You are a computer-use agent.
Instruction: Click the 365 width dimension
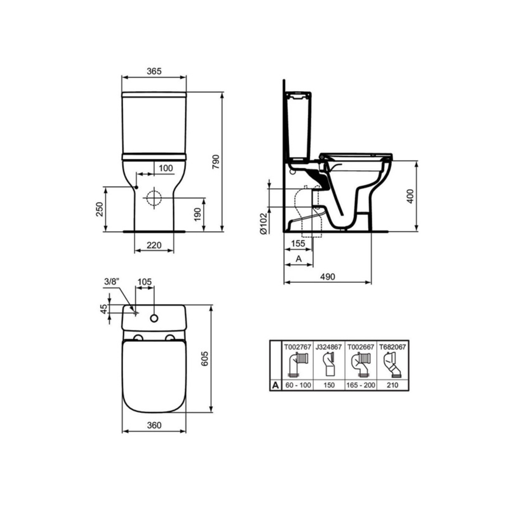tap(154, 71)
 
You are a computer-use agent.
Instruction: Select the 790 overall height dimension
tap(216, 162)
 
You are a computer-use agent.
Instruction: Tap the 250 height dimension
tap(99, 209)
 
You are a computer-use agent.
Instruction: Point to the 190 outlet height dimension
tap(198, 215)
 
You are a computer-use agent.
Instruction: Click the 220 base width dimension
tap(154, 245)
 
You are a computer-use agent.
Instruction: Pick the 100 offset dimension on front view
tap(166, 168)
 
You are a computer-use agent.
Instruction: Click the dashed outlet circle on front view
tap(154, 198)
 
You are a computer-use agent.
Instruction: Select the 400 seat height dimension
tap(410, 196)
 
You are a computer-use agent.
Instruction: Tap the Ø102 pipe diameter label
tap(263, 224)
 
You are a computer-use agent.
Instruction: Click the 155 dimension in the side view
tap(298, 243)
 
